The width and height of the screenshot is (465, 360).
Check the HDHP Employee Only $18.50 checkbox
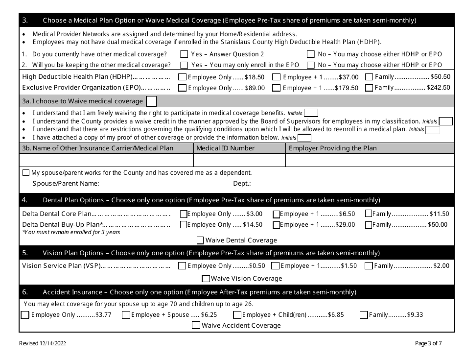click(x=182, y=77)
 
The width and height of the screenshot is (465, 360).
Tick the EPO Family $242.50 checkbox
click(x=369, y=88)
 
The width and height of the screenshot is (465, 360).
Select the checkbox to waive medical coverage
click(x=152, y=101)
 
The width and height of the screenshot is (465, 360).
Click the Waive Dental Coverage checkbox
click(x=200, y=240)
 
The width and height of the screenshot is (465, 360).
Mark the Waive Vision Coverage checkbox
click(x=206, y=279)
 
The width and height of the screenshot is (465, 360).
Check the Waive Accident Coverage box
click(x=196, y=325)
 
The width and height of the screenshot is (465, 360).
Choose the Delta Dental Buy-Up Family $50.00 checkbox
click(x=368, y=225)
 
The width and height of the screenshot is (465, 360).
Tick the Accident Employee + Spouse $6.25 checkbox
click(x=126, y=315)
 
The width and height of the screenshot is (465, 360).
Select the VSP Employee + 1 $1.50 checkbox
click(x=275, y=266)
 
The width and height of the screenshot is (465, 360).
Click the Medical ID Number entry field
click(x=239, y=161)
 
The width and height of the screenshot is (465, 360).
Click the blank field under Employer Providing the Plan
click(x=370, y=161)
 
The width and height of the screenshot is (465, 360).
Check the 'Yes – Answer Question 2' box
click(x=184, y=54)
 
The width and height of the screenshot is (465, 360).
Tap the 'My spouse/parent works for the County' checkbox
click(x=26, y=173)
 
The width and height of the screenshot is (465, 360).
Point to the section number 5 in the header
click(x=25, y=253)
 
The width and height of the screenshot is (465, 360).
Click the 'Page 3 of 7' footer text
click(x=428, y=343)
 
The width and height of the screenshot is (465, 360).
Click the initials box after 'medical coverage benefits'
click(x=311, y=113)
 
